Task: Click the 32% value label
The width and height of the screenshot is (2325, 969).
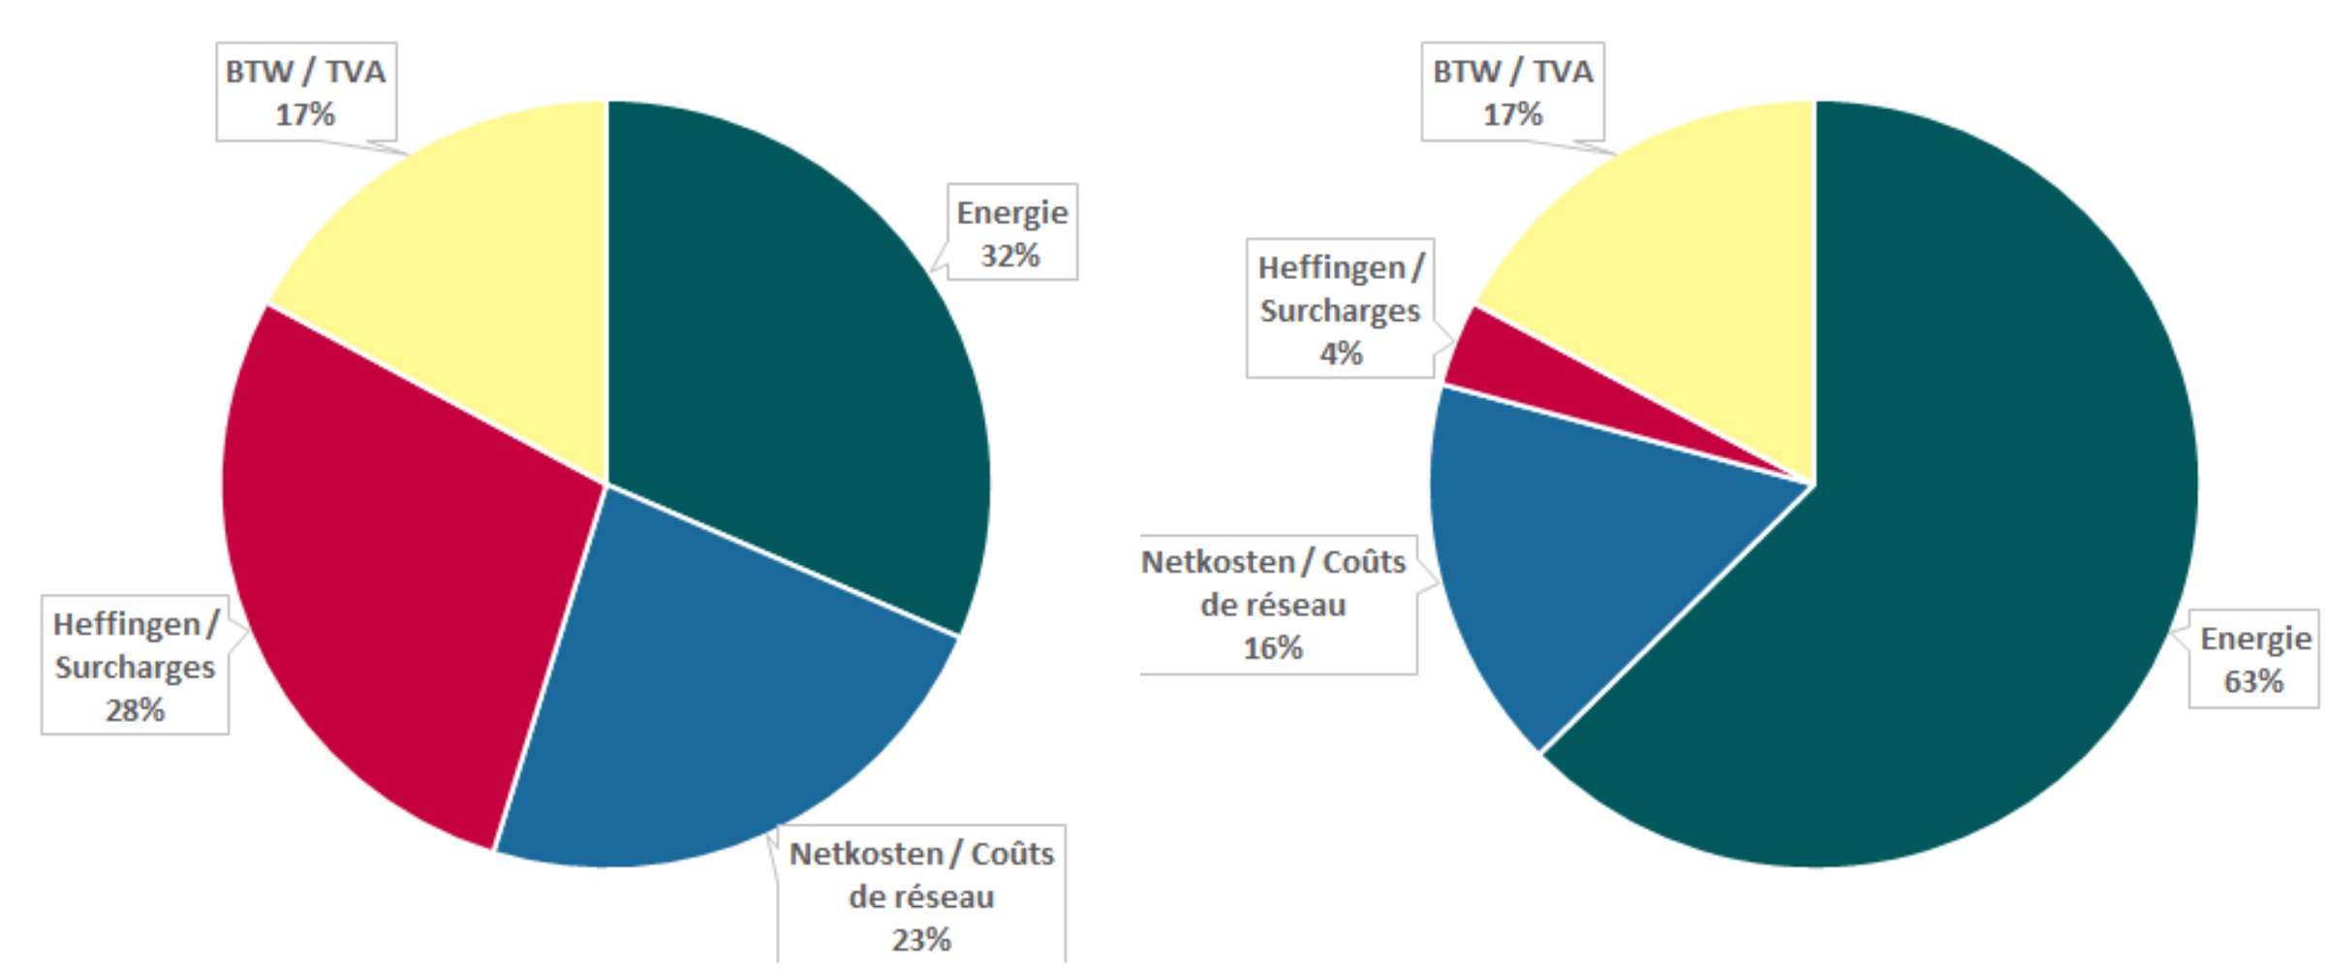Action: click(1010, 256)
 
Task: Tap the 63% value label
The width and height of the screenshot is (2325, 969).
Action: click(2253, 681)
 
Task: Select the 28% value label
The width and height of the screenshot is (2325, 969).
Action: click(135, 710)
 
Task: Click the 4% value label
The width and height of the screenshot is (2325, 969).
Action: click(1341, 354)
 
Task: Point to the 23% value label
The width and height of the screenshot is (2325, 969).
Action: click(921, 939)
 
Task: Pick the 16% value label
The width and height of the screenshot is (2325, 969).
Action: click(1273, 647)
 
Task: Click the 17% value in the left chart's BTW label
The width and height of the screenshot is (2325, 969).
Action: click(305, 114)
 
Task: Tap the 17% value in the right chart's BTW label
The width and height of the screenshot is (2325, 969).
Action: click(1512, 114)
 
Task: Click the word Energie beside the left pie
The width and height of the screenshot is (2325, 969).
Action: click(1012, 212)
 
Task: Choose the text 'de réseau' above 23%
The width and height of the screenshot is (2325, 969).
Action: click(921, 896)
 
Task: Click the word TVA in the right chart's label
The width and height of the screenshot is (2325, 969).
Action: click(1563, 72)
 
